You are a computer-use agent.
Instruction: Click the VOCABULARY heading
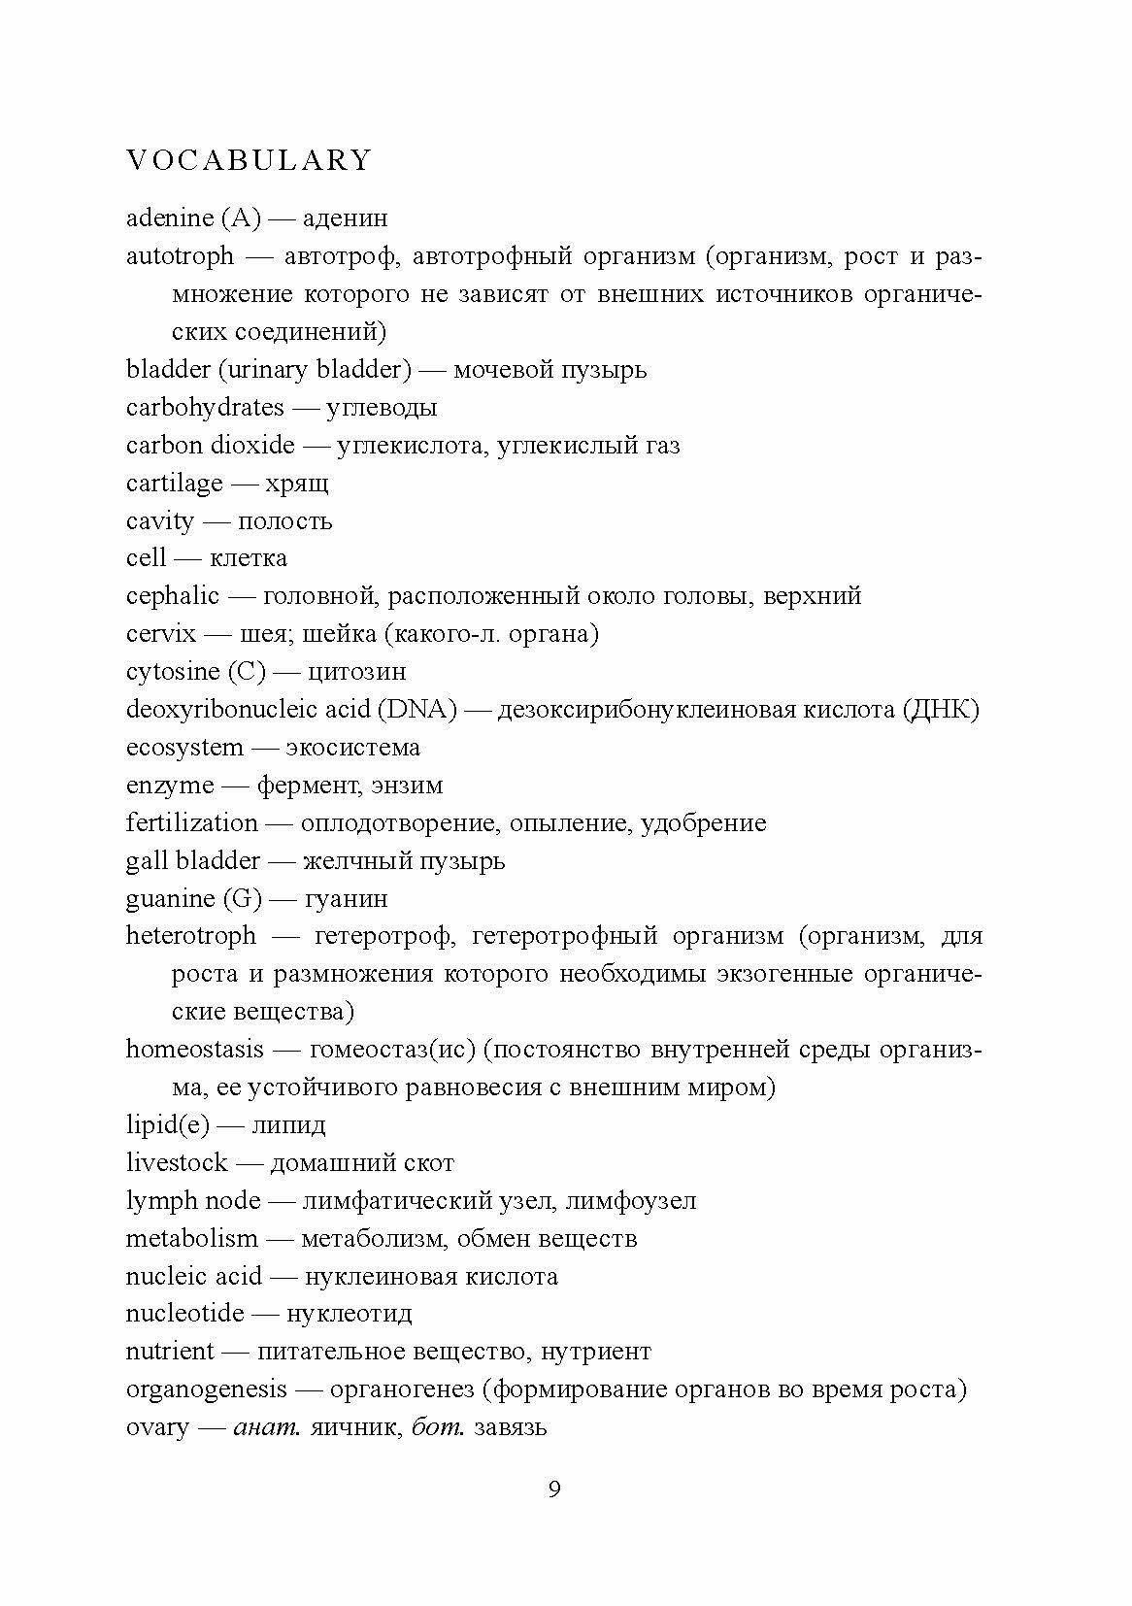tap(250, 160)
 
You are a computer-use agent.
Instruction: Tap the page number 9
tap(554, 1489)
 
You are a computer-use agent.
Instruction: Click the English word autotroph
tap(181, 256)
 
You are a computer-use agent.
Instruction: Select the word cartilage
tap(175, 484)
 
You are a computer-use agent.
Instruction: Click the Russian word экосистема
tap(352, 748)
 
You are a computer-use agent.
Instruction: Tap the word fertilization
tap(192, 823)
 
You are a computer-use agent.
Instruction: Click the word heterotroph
tap(191, 936)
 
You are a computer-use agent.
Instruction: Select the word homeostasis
tap(195, 1050)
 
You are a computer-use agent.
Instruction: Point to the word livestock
tap(177, 1163)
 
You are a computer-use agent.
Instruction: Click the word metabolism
tap(192, 1239)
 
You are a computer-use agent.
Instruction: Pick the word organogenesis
tap(207, 1389)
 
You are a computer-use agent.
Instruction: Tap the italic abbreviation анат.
tap(262, 1427)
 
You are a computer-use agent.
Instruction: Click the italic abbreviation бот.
tap(437, 1427)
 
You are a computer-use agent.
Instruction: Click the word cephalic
tap(173, 596)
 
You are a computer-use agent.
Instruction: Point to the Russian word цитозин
tap(356, 672)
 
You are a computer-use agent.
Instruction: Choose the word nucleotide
tap(185, 1314)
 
